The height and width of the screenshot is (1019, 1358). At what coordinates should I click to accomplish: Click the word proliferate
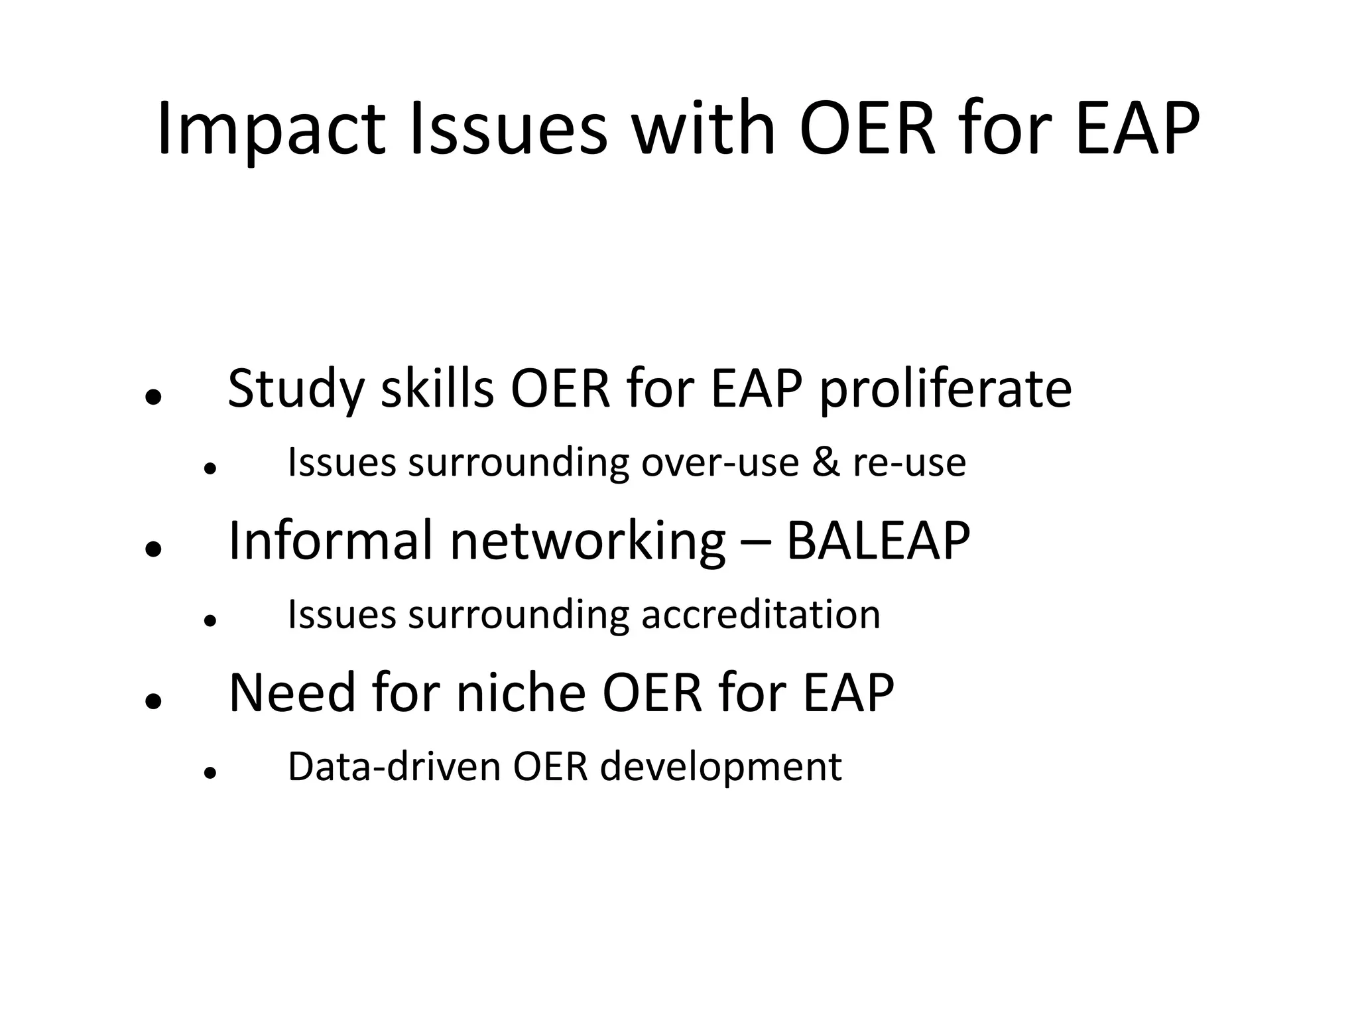tap(946, 389)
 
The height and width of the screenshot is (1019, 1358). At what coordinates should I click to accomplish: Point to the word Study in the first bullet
tap(296, 389)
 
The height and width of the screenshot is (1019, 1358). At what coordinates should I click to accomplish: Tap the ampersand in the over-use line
tap(826, 462)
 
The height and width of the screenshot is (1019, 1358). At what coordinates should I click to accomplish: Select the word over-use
tap(720, 462)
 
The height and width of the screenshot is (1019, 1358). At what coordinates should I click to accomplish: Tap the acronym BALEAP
tap(878, 541)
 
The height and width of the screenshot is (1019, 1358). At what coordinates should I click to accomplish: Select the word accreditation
tap(761, 614)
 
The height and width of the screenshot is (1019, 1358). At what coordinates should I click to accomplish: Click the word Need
tap(292, 693)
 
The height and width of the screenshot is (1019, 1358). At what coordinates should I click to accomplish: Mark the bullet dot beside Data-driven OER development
tap(211, 773)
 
